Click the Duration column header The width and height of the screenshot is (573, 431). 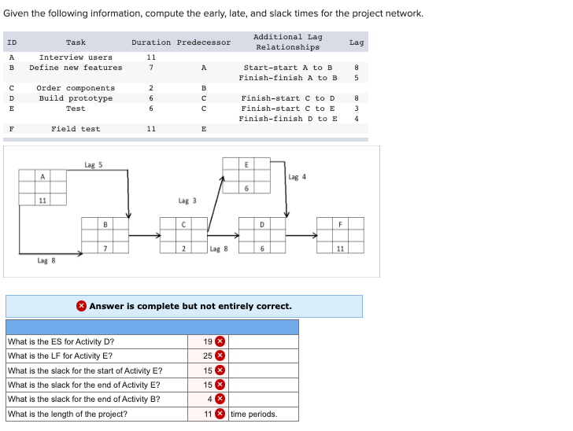click(150, 42)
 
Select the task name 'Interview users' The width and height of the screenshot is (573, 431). click(76, 57)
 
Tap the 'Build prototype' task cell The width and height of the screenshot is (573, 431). click(76, 98)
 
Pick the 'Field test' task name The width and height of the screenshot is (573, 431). click(76, 129)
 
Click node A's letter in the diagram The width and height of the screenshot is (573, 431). click(43, 176)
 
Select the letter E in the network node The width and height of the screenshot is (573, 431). click(246, 164)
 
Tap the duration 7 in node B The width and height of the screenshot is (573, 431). click(105, 249)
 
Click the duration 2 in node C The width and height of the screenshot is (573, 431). click(183, 249)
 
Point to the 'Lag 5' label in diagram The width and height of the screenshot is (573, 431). click(93, 165)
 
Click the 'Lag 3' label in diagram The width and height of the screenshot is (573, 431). click(187, 201)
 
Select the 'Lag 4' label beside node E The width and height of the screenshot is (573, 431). click(298, 177)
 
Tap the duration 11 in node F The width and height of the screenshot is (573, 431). click(340, 249)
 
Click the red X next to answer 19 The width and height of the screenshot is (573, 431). click(220, 341)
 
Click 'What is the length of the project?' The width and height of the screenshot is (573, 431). click(67, 414)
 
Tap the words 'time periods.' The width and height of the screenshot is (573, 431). click(253, 414)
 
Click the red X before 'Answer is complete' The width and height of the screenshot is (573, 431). click(81, 306)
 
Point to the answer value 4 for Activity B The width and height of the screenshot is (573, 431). click(210, 400)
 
